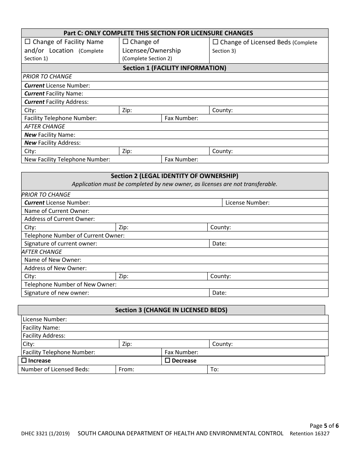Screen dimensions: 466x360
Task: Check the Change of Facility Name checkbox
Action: (28, 42)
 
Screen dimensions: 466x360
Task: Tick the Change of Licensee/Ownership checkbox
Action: (125, 42)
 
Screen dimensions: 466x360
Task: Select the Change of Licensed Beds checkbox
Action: (215, 42)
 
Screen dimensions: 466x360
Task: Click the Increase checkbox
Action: (24, 361)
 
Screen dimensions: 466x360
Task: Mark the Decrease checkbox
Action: (167, 361)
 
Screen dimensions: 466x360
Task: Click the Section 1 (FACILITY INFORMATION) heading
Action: (174, 68)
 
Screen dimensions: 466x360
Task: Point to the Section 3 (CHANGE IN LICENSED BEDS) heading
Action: (171, 310)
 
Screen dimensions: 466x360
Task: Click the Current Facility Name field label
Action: (53, 94)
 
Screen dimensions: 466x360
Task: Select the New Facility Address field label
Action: (52, 143)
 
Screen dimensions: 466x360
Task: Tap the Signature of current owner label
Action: (61, 244)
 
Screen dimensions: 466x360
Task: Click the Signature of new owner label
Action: (56, 293)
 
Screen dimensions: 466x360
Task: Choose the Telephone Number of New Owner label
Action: (70, 285)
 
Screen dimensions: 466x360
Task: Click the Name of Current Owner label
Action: (57, 211)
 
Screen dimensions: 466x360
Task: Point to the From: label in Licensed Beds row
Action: (126, 369)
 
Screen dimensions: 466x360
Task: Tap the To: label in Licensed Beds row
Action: (214, 369)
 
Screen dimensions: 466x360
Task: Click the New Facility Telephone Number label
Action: (67, 160)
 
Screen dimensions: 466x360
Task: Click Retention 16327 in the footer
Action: (310, 434)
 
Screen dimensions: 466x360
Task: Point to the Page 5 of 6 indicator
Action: (324, 425)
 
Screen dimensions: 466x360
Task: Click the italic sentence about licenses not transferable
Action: (174, 185)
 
